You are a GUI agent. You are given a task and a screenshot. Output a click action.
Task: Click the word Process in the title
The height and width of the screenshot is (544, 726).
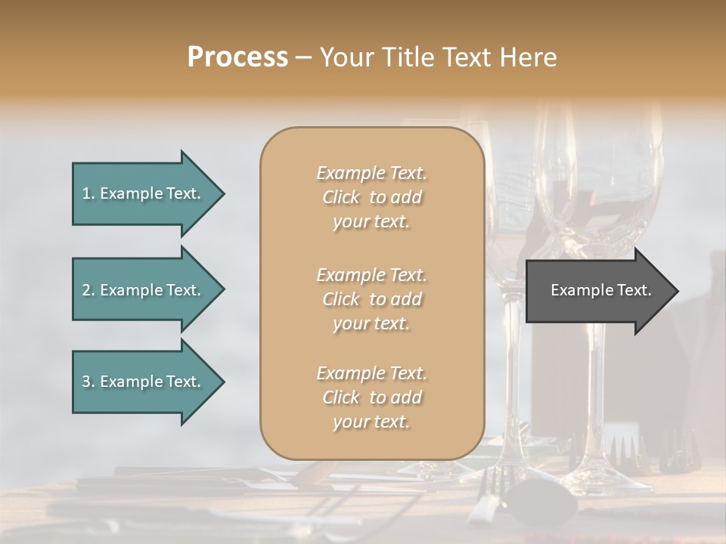point(237,57)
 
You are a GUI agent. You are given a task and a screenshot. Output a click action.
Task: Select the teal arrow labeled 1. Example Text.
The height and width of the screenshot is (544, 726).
point(144,193)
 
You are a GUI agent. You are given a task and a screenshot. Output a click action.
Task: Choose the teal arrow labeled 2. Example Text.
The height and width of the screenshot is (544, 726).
point(144,290)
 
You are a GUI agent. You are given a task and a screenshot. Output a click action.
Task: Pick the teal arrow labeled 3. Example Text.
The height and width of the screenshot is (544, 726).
point(144,382)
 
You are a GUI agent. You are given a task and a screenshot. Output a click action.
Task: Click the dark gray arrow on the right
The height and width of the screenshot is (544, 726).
point(597,291)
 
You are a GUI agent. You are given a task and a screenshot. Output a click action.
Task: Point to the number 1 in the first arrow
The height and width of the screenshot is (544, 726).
point(86,193)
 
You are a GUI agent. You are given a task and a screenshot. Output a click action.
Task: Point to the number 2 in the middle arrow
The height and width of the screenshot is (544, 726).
point(86,290)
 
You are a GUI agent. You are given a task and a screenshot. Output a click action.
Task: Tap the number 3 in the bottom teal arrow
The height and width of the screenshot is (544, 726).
point(86,382)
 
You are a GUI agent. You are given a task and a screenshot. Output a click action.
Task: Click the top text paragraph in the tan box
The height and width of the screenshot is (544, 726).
point(371,197)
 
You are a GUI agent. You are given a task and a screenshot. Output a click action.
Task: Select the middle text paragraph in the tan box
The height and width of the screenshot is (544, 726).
point(371,299)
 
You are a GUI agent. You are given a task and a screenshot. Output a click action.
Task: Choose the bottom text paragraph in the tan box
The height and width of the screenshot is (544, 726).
point(371,397)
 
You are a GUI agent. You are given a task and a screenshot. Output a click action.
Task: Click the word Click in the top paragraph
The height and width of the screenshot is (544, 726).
point(341,197)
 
